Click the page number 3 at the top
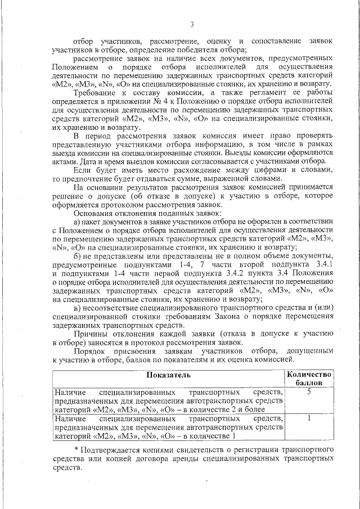(x=191, y=24)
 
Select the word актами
(x=64, y=160)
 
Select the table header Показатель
(x=169, y=374)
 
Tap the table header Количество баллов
(x=309, y=378)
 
